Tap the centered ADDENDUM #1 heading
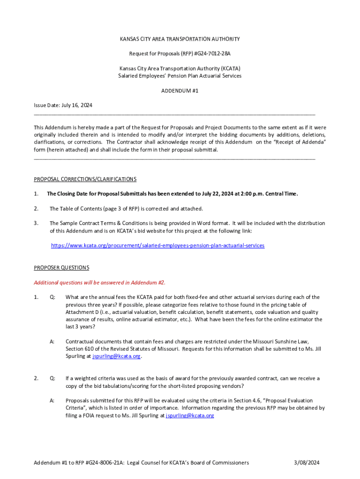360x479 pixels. click(x=180, y=91)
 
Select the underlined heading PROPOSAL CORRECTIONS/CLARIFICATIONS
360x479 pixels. click(x=85, y=179)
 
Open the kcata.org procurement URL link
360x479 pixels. click(x=157, y=245)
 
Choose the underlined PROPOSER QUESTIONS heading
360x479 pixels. click(x=61, y=268)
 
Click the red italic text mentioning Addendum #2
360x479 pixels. click(x=99, y=283)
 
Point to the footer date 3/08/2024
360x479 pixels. click(x=307, y=463)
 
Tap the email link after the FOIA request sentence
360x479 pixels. click(x=190, y=415)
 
